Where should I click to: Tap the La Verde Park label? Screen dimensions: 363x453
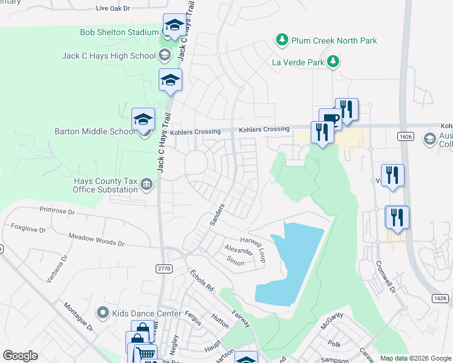pos(297,61)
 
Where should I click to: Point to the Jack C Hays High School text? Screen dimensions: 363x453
pos(109,56)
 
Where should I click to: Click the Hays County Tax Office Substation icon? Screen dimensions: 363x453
pos(147,184)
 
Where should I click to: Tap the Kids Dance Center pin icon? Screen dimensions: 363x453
pos(103,313)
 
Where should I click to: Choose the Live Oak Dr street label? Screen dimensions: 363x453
pos(113,8)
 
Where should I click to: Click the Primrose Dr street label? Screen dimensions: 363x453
pos(56,212)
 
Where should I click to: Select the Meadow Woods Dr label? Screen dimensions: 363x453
pos(96,240)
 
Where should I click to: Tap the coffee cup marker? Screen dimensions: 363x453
pos(330,118)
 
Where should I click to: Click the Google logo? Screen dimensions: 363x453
pos(20,356)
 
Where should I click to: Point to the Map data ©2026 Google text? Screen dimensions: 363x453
pos(415,358)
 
